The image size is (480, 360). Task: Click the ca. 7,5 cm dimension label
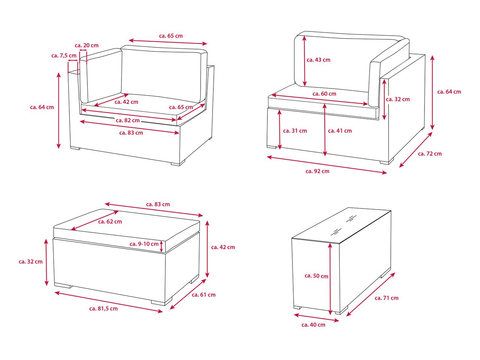(x=64, y=55)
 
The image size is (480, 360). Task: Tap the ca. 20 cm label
(x=87, y=45)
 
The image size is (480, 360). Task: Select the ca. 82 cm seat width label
(x=128, y=120)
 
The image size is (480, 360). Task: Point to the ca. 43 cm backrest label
(x=318, y=60)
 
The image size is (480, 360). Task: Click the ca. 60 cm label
(x=324, y=94)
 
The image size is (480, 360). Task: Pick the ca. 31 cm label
(x=295, y=131)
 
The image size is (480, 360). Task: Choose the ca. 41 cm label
(x=340, y=131)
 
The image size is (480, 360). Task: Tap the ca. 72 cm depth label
(x=430, y=154)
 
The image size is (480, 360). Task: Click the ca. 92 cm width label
(x=318, y=171)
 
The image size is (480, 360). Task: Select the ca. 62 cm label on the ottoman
(x=110, y=222)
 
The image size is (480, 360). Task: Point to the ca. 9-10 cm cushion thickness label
(x=144, y=244)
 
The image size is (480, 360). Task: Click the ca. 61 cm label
(x=204, y=295)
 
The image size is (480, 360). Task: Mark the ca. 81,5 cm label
(x=103, y=309)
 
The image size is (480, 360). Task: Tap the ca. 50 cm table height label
(x=316, y=276)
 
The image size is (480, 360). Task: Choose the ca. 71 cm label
(x=386, y=298)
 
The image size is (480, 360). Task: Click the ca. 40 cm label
(x=313, y=325)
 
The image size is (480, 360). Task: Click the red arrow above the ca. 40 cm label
(x=316, y=318)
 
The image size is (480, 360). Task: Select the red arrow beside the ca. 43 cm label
(x=304, y=61)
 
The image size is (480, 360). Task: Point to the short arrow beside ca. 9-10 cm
(x=161, y=246)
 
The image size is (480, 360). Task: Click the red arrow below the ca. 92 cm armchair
(x=327, y=165)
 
